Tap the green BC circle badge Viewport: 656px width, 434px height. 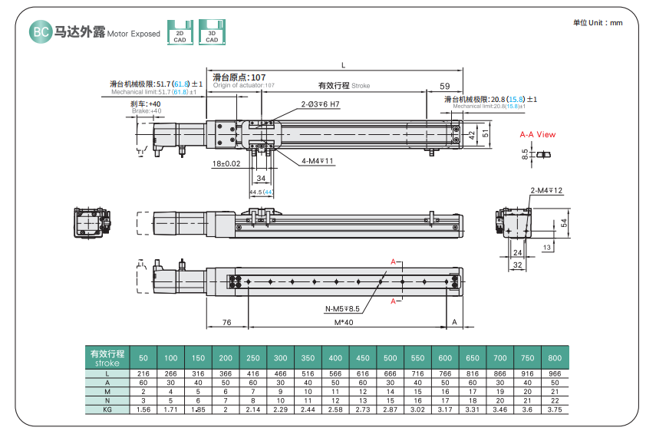click(x=40, y=32)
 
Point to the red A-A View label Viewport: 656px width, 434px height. click(x=537, y=134)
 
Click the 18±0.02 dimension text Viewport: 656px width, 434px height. click(x=226, y=163)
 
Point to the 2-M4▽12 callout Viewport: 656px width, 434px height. click(x=546, y=190)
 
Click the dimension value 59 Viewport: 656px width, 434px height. click(x=445, y=86)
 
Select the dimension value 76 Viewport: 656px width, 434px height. click(x=226, y=322)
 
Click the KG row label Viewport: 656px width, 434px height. click(x=107, y=410)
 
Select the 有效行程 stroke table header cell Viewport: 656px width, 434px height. click(x=107, y=357)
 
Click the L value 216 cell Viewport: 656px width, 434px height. click(x=143, y=373)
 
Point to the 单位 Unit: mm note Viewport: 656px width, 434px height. click(x=598, y=23)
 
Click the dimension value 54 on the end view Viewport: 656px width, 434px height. click(x=563, y=222)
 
